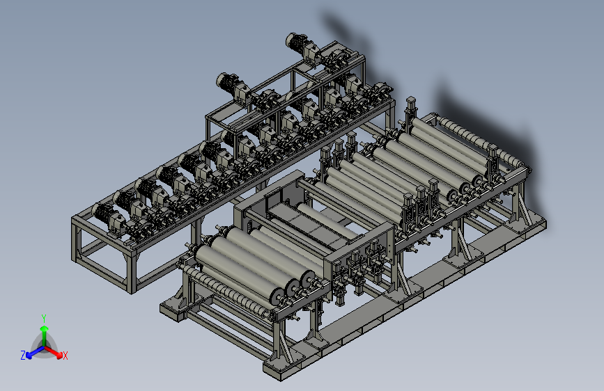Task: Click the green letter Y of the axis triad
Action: (44, 319)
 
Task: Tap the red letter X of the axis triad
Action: (65, 356)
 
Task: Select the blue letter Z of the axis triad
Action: (23, 356)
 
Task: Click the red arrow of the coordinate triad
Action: (54, 352)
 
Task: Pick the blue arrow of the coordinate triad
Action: (36, 352)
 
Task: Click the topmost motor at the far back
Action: (302, 45)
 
